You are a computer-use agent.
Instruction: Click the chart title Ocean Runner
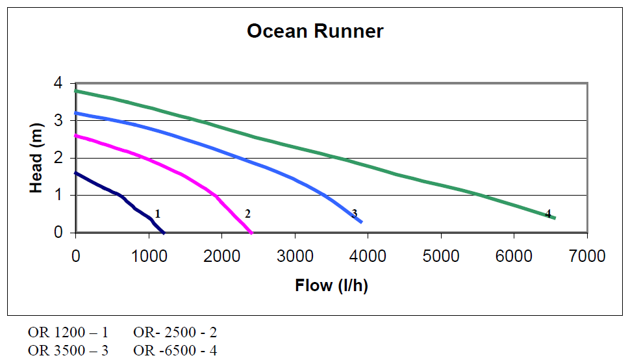[x=315, y=31]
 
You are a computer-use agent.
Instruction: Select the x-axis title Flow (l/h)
[x=331, y=285]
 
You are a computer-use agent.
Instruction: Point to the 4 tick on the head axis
[x=58, y=83]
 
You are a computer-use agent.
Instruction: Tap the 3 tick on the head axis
[x=58, y=121]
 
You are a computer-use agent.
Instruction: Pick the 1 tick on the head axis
[x=58, y=196]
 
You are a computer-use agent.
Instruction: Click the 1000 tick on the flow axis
[x=149, y=255]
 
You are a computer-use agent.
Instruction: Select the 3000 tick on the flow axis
[x=295, y=255]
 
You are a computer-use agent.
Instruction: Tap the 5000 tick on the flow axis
[x=441, y=255]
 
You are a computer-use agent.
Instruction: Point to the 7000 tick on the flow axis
[x=587, y=255]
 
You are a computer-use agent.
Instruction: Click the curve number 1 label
[x=158, y=213]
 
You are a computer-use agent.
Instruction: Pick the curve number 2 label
[x=247, y=213]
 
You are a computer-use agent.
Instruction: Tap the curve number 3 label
[x=355, y=213]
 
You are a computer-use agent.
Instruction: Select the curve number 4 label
[x=548, y=213]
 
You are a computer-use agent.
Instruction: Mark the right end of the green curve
[x=555, y=218]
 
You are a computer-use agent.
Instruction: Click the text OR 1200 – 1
[x=68, y=333]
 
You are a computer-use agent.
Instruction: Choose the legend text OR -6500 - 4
[x=175, y=350]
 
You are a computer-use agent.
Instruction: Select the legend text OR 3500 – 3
[x=68, y=350]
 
